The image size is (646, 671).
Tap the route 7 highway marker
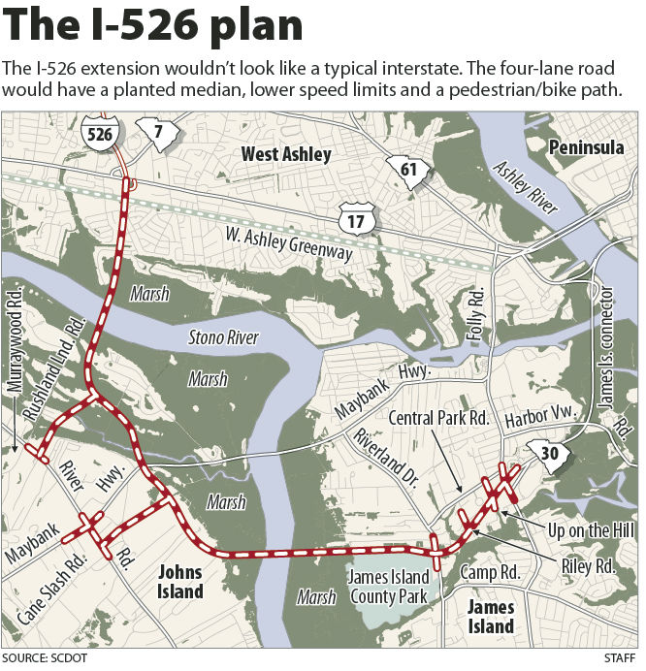(x=154, y=132)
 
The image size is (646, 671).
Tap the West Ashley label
(x=286, y=154)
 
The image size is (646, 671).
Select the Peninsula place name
(x=586, y=147)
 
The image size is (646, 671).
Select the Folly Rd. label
(x=476, y=316)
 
